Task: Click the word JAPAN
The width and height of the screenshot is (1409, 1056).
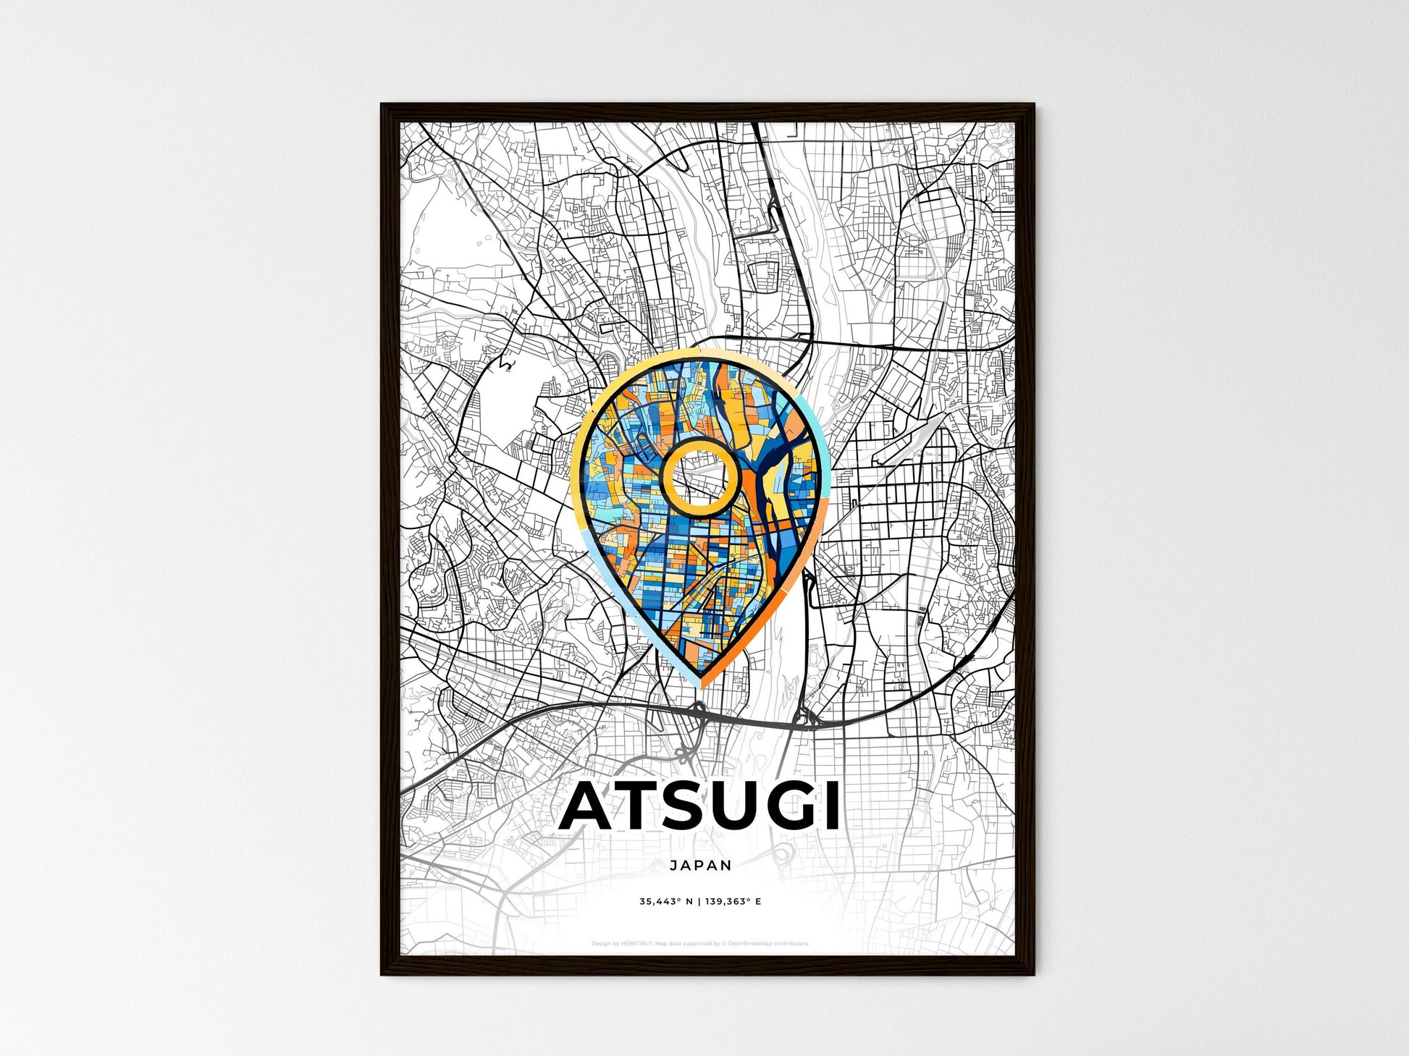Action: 701,865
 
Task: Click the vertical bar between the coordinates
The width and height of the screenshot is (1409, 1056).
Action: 699,902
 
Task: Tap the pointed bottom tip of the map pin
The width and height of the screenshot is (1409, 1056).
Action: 701,683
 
